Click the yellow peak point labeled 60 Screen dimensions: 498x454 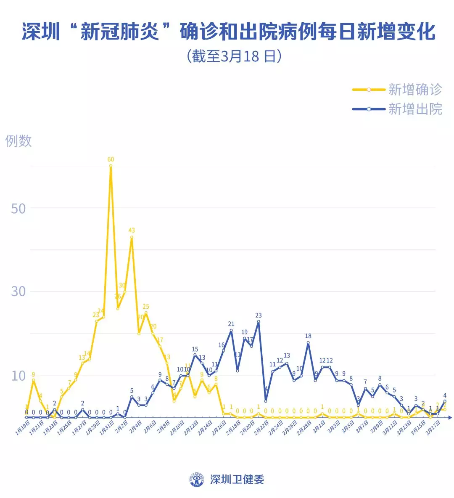click(111, 166)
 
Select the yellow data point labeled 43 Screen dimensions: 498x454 click(132, 237)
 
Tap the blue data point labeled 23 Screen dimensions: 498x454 click(258, 321)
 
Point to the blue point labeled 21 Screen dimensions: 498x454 click(231, 330)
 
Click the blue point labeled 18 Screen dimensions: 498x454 click(308, 342)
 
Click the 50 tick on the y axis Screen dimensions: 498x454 click(18, 208)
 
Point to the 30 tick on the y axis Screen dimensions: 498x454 click(18, 291)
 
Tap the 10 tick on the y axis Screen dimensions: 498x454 click(18, 376)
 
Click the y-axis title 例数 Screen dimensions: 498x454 click(18, 141)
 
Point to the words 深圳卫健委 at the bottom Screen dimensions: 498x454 click(237, 479)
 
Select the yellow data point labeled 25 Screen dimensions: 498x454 click(146, 313)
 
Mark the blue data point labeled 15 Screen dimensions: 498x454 click(195, 355)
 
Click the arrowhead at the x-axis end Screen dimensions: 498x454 click(449, 418)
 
